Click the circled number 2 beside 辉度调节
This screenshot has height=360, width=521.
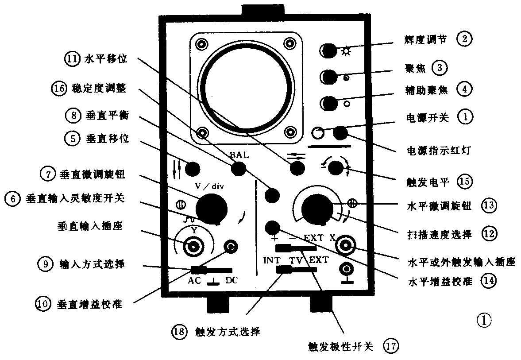[x=464, y=39]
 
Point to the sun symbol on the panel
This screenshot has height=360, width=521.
[x=346, y=51]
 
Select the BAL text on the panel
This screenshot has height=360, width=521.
[x=239, y=155]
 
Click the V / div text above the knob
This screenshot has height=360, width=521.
[x=210, y=186]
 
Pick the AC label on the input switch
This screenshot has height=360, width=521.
[x=195, y=280]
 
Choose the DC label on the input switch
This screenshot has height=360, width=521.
[x=232, y=280]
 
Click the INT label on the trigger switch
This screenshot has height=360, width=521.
[x=271, y=260]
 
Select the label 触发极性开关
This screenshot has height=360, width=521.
[x=341, y=346]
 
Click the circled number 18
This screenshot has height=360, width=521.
[x=179, y=331]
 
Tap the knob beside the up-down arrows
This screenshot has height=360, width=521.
[x=193, y=169]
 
